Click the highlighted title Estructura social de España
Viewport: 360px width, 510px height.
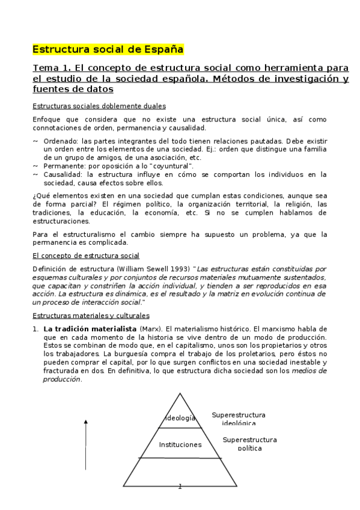[108, 49]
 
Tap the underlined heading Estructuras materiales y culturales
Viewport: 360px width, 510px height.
[91, 315]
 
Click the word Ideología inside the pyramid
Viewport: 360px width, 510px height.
[180, 418]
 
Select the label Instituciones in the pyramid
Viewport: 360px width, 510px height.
[180, 445]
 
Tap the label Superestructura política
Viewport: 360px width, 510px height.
[249, 444]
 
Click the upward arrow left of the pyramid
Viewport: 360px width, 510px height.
[87, 445]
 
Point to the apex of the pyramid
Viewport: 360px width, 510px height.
[180, 393]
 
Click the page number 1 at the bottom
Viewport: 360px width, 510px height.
[180, 486]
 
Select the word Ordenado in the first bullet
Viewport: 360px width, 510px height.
[59, 140]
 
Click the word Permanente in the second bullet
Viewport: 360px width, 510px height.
[62, 165]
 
